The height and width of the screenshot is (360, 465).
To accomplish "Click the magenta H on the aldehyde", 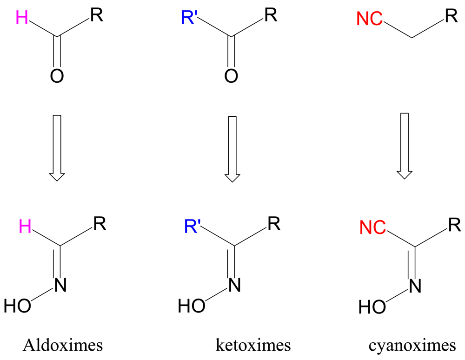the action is (x=21, y=18).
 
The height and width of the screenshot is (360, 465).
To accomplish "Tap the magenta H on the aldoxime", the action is (x=25, y=227).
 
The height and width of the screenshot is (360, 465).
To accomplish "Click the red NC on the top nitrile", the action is (x=370, y=19).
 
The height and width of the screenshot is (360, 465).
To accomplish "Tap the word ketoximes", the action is (x=253, y=346).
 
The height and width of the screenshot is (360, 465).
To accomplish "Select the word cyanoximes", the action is (x=412, y=346).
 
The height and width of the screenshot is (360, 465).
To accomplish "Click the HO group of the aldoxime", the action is (x=17, y=306).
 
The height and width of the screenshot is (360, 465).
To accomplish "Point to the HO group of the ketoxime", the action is (x=192, y=306).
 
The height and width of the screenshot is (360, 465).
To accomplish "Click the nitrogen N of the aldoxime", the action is (x=60, y=284).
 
